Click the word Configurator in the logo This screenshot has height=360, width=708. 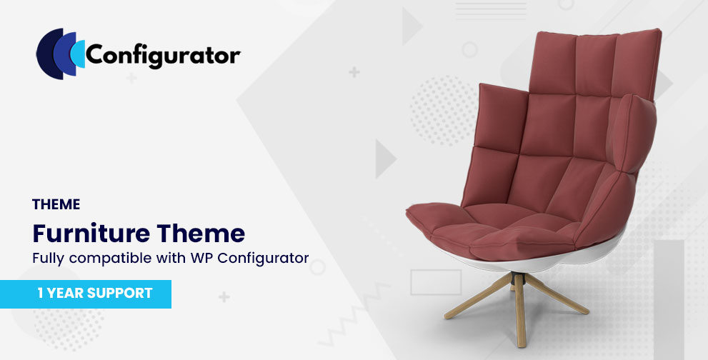[x=163, y=56]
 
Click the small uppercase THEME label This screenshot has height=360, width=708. [x=56, y=204]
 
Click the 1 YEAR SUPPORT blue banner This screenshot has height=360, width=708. [x=85, y=294]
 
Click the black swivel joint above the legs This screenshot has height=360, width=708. [x=519, y=279]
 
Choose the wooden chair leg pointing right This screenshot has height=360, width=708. [x=558, y=294]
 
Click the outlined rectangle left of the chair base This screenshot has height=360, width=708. [x=436, y=282]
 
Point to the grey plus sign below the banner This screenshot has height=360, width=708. [x=224, y=296]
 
